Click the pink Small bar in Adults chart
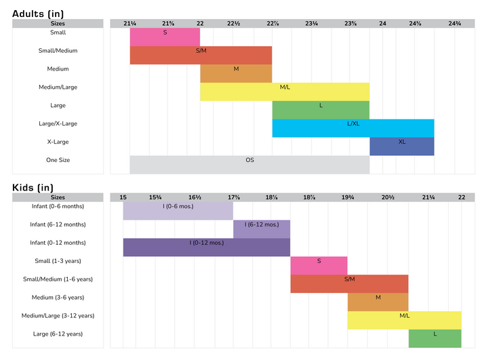click(x=165, y=37)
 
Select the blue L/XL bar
click(x=352, y=128)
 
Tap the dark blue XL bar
click(x=401, y=146)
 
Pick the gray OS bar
click(x=249, y=165)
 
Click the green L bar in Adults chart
click(x=321, y=110)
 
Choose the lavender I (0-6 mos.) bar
click(x=178, y=210)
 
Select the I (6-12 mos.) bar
click(x=262, y=229)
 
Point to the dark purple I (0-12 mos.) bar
click(x=207, y=247)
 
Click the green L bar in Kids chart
click(x=434, y=338)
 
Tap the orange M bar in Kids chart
click(x=378, y=302)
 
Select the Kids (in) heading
click(x=33, y=188)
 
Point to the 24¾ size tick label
click(x=455, y=24)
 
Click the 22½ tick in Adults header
click(x=233, y=24)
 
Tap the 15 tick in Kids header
click(x=123, y=197)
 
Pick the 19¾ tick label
click(x=348, y=197)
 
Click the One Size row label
click(x=58, y=161)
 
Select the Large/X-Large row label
click(x=58, y=124)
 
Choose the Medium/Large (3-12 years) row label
click(x=58, y=316)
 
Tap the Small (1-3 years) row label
click(x=58, y=261)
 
